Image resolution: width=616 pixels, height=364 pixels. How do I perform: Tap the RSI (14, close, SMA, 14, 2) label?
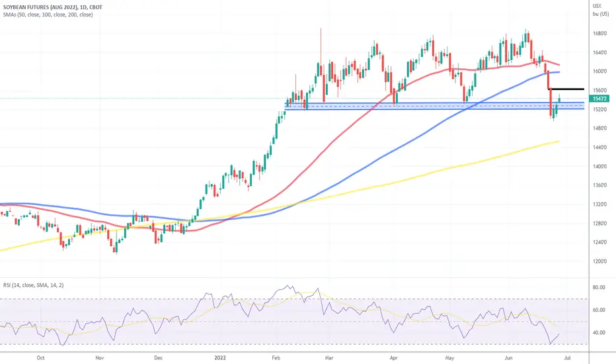tap(34, 285)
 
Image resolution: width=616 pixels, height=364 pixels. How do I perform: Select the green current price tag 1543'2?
tap(601, 99)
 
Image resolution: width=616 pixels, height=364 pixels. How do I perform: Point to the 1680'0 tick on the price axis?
tap(600, 34)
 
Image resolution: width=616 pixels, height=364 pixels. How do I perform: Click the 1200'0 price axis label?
tap(600, 261)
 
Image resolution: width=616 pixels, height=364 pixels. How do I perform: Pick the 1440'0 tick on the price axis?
tap(600, 147)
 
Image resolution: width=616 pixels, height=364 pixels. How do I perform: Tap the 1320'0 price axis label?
tap(600, 205)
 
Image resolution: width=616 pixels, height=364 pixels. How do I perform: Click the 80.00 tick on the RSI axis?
tap(599, 287)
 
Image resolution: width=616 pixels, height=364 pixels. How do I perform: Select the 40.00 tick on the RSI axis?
tap(599, 332)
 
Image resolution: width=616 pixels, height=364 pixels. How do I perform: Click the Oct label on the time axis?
tap(40, 357)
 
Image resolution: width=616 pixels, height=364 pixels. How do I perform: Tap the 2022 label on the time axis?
tap(220, 357)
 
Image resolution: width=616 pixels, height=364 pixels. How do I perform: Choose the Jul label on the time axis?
tap(567, 357)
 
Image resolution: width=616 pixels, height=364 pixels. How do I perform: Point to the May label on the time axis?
tap(450, 357)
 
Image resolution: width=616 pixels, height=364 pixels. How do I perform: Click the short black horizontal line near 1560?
tap(566, 89)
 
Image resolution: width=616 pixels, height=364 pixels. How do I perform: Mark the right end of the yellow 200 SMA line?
tap(559, 141)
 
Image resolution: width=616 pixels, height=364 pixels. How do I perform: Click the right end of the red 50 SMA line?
tap(559, 65)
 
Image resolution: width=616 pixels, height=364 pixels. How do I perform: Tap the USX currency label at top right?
tap(597, 6)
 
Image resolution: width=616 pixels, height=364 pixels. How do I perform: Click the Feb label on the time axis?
tap(276, 357)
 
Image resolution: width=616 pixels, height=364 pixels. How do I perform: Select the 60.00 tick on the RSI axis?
tap(599, 310)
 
